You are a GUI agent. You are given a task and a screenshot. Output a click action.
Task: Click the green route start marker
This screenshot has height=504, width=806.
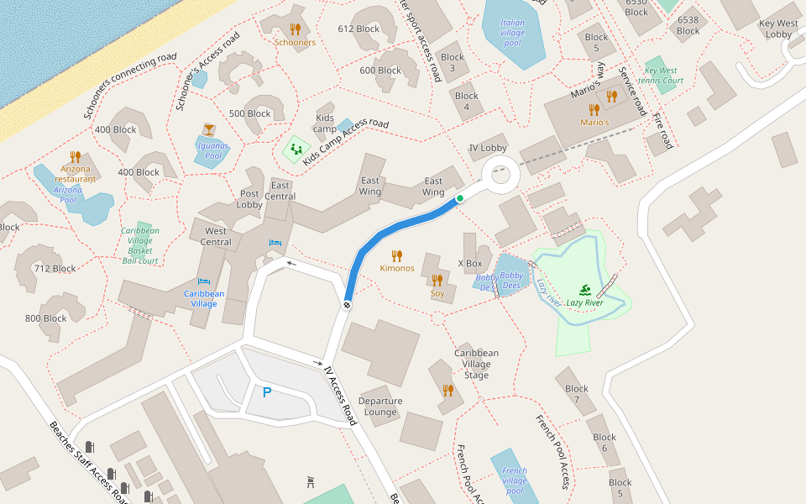point(460,199)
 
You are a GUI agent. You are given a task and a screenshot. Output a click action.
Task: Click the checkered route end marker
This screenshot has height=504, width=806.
point(346,304)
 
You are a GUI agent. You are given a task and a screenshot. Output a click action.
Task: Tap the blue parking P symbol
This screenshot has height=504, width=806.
point(267,392)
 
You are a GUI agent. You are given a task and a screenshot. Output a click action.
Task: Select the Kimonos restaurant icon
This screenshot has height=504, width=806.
point(397,255)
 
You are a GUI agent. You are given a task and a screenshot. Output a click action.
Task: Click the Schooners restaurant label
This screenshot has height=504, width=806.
point(295,43)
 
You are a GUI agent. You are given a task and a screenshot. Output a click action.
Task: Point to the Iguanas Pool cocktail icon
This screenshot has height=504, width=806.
point(208,129)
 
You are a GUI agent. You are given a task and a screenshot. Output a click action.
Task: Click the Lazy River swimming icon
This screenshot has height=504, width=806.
point(584,291)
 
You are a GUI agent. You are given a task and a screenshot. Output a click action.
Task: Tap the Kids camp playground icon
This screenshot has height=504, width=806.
point(294,150)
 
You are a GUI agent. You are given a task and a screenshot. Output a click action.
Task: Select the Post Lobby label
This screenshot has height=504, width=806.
point(249,199)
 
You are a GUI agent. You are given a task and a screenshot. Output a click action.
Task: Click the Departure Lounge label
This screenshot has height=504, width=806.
point(380,407)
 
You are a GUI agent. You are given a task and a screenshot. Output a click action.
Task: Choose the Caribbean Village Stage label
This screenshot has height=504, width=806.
point(476,364)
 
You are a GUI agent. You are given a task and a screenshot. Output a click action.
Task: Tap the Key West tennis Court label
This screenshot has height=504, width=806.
point(663,76)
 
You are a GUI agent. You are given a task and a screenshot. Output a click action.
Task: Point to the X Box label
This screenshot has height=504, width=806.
point(470,264)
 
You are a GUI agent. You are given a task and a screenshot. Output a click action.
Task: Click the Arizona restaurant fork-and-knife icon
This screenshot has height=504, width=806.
point(76,156)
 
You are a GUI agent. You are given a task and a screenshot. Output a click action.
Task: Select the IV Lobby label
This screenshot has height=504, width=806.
point(487,148)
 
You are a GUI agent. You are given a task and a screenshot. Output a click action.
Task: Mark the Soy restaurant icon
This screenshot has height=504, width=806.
point(437,280)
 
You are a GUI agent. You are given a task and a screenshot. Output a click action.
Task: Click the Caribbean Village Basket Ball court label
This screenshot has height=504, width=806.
point(140,245)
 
